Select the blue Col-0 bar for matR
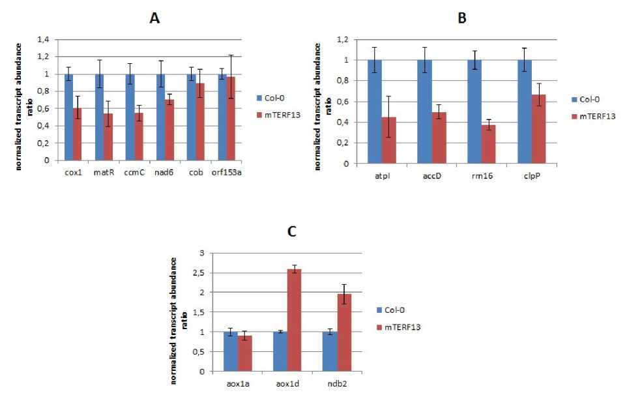(99, 117)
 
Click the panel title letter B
(462, 19)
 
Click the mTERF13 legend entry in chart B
(598, 117)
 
